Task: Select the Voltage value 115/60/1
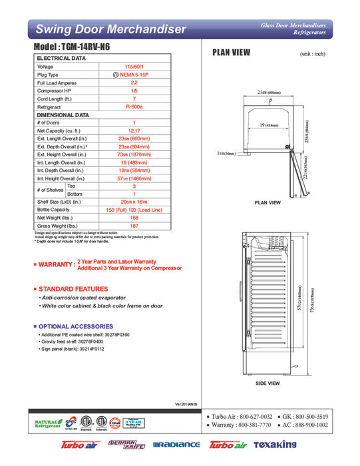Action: [134, 67]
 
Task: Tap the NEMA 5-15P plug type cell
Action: [134, 75]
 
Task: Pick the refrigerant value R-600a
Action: [134, 107]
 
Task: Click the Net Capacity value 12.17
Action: [134, 130]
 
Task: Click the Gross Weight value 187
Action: [134, 225]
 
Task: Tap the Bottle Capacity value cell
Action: [134, 210]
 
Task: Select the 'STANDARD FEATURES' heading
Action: [73, 288]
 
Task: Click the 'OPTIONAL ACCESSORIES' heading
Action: [77, 326]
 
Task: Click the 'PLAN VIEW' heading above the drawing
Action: [230, 53]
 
